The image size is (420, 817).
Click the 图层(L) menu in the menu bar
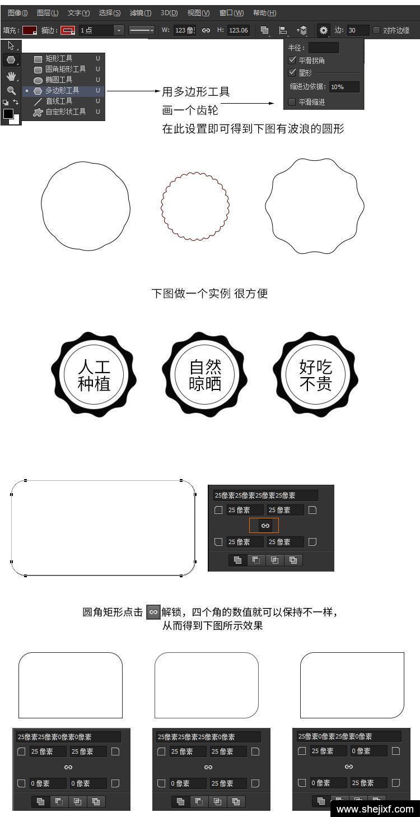[48, 13]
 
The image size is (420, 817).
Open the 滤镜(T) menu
[141, 13]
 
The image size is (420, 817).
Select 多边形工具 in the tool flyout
[62, 90]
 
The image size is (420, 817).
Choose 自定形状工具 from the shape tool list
[66, 112]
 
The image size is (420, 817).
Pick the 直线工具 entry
[59, 101]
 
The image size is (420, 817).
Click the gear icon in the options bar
[323, 30]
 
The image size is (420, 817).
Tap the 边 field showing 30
[358, 30]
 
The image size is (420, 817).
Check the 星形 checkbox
[292, 72]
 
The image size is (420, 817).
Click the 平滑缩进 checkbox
[292, 102]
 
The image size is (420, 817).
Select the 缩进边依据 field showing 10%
[344, 87]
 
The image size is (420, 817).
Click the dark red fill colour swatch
[30, 30]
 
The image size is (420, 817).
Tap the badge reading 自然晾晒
[205, 374]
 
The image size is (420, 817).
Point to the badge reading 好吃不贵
[316, 374]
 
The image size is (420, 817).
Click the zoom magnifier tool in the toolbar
[11, 90]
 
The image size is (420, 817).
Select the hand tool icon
[12, 76]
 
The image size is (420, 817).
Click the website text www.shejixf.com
[375, 809]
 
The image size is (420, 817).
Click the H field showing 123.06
[239, 30]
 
